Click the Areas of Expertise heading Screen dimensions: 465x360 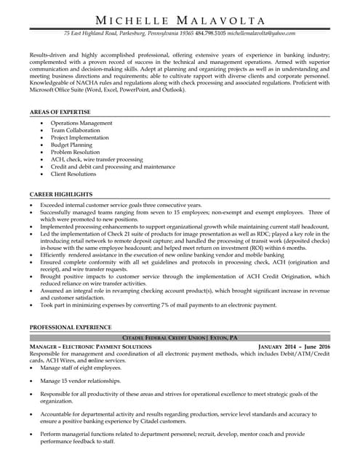click(x=60, y=113)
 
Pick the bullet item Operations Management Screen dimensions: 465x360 click(x=81, y=124)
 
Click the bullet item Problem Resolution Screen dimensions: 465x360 click(x=76, y=153)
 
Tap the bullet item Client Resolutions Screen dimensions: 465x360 click(x=73, y=174)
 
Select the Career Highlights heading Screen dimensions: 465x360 click(x=61, y=195)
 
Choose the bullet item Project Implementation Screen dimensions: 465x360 click(x=80, y=138)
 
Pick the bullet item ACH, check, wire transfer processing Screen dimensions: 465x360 click(x=97, y=160)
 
